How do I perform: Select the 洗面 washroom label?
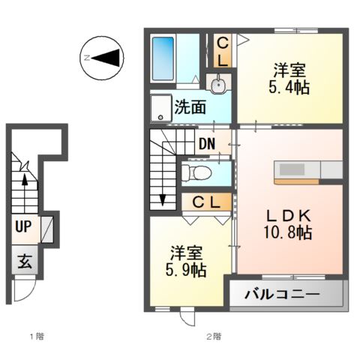click(x=190, y=106)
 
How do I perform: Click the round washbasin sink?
click(x=219, y=85)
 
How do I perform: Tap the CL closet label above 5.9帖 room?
click(x=205, y=202)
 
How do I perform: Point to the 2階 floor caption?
click(x=214, y=335)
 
